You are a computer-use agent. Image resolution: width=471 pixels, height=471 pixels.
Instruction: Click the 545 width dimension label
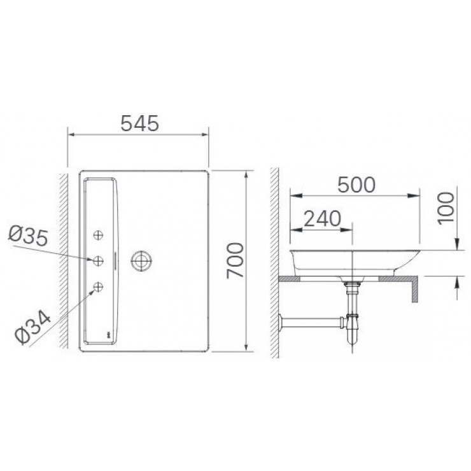click(x=139, y=123)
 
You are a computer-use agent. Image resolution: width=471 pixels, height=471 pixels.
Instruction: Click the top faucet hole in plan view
click(x=99, y=236)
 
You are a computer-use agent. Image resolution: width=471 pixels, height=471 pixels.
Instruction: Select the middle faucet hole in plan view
click(x=99, y=260)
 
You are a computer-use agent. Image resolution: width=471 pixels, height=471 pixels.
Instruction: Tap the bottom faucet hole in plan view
click(x=99, y=287)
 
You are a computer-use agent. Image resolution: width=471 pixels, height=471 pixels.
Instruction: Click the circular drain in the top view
click(x=140, y=260)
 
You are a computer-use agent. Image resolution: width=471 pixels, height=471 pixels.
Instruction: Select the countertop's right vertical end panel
click(x=415, y=288)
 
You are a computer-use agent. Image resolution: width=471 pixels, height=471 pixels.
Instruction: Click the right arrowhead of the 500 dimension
click(x=416, y=193)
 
